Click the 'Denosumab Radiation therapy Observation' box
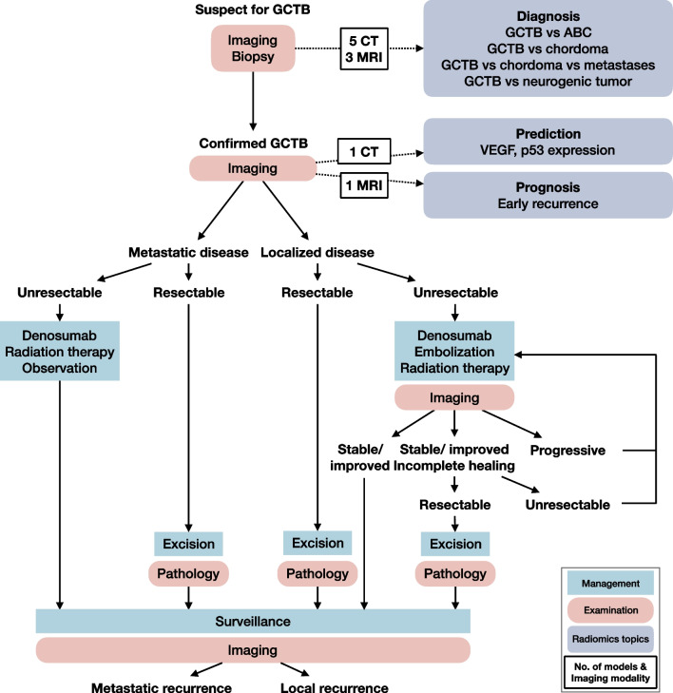[x=61, y=351]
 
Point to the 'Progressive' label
[x=568, y=450]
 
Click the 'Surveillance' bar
[x=253, y=619]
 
